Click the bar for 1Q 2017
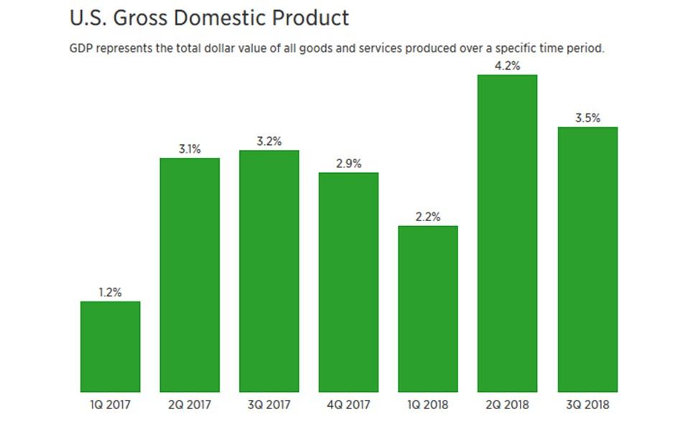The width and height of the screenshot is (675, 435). pyautogui.click(x=110, y=346)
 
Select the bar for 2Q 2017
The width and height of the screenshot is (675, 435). pyautogui.click(x=190, y=274)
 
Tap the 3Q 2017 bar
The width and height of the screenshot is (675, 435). pyautogui.click(x=269, y=271)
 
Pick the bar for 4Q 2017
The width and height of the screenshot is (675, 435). pyautogui.click(x=348, y=281)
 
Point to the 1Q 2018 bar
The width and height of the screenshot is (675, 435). pyautogui.click(x=428, y=309)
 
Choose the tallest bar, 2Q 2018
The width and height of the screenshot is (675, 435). pyautogui.click(x=507, y=233)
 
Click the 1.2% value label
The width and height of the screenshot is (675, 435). pyautogui.click(x=110, y=292)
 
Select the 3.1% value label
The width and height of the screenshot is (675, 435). pyautogui.click(x=190, y=149)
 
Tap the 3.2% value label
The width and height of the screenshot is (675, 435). pyautogui.click(x=269, y=141)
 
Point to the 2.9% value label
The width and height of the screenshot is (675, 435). pyautogui.click(x=348, y=164)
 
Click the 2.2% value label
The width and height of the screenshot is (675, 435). pyautogui.click(x=428, y=217)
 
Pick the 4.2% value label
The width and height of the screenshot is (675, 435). pyautogui.click(x=507, y=66)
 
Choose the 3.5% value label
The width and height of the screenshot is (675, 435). pyautogui.click(x=587, y=118)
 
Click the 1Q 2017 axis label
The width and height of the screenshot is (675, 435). pyautogui.click(x=110, y=405)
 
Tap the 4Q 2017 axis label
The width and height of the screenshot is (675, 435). pyautogui.click(x=348, y=405)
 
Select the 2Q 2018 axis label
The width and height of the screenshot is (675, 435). pyautogui.click(x=507, y=405)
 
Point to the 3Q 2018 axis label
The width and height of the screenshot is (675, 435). pyautogui.click(x=587, y=405)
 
